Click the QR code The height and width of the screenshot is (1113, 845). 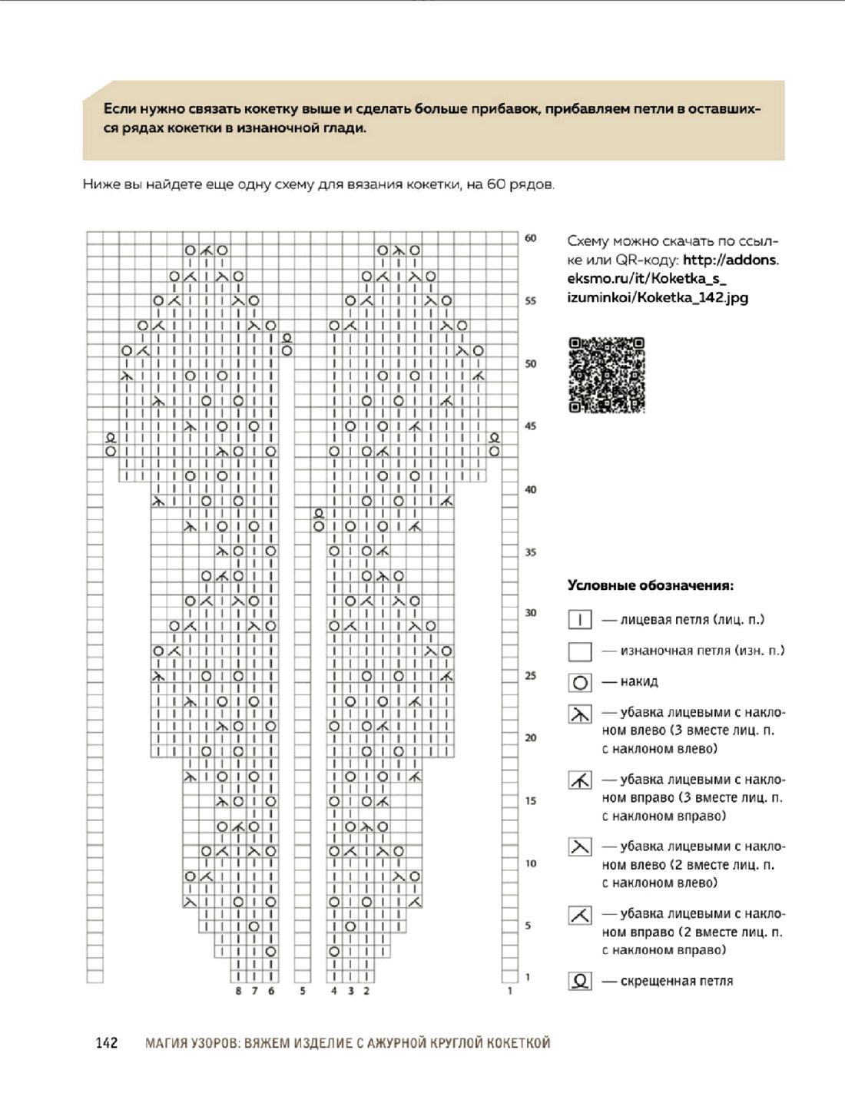(x=606, y=375)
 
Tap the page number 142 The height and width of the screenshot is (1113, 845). (x=107, y=1042)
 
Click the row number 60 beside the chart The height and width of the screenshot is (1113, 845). (x=531, y=238)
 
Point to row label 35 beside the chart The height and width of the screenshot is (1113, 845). (x=531, y=552)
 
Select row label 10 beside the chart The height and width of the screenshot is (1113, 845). (x=531, y=863)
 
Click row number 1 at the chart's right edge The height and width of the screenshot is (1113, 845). (x=528, y=977)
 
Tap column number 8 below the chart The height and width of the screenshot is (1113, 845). (x=238, y=991)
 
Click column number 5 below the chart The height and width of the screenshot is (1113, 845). (x=303, y=991)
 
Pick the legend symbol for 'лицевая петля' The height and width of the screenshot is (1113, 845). (x=580, y=620)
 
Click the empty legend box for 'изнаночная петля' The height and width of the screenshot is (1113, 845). (x=580, y=651)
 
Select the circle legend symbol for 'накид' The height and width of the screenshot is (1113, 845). (x=580, y=682)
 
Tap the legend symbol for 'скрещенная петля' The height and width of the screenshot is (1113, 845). (x=580, y=981)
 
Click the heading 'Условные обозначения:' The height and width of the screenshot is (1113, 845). (x=650, y=585)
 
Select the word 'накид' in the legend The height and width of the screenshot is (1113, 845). (x=639, y=681)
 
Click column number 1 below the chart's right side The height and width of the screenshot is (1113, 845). (x=510, y=991)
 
